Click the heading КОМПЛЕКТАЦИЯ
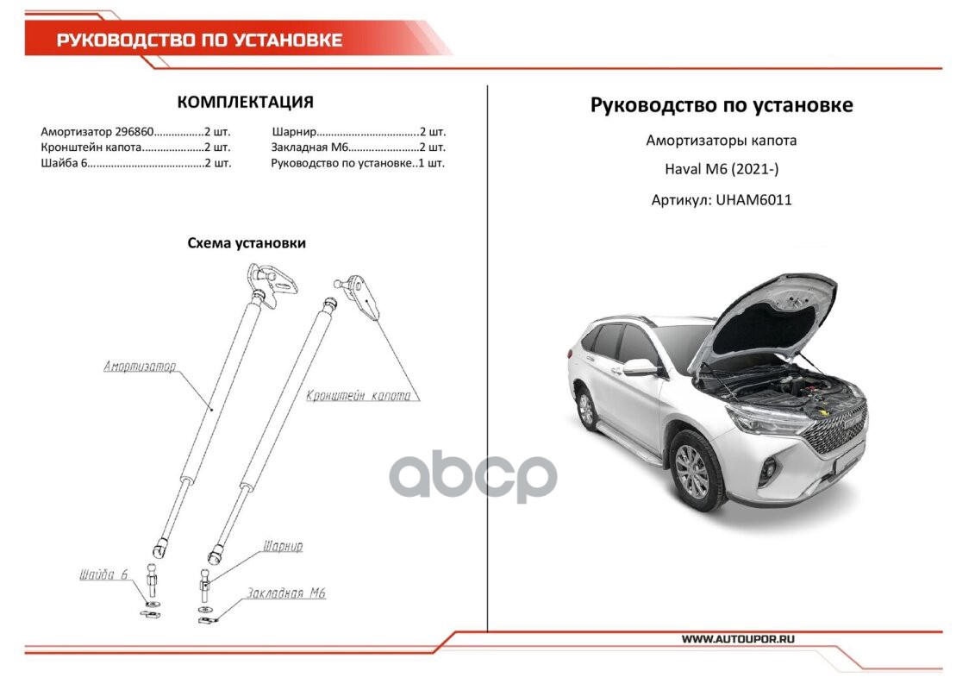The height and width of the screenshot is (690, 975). coord(245,102)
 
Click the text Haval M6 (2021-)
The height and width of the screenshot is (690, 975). coord(721,170)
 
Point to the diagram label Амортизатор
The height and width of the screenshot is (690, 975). coord(140,367)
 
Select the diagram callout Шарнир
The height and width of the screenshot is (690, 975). coord(283,546)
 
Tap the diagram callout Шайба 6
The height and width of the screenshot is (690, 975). coord(103,574)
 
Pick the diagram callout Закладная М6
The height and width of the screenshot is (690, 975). coord(285,593)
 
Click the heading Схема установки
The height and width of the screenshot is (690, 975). coord(247,243)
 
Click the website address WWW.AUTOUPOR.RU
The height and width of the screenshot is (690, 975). coord(737,639)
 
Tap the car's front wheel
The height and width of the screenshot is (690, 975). coord(692,471)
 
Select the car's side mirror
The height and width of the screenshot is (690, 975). coord(639,367)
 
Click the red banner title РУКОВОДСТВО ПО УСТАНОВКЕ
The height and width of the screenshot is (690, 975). coord(199,40)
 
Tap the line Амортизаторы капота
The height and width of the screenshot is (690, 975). coord(721,140)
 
